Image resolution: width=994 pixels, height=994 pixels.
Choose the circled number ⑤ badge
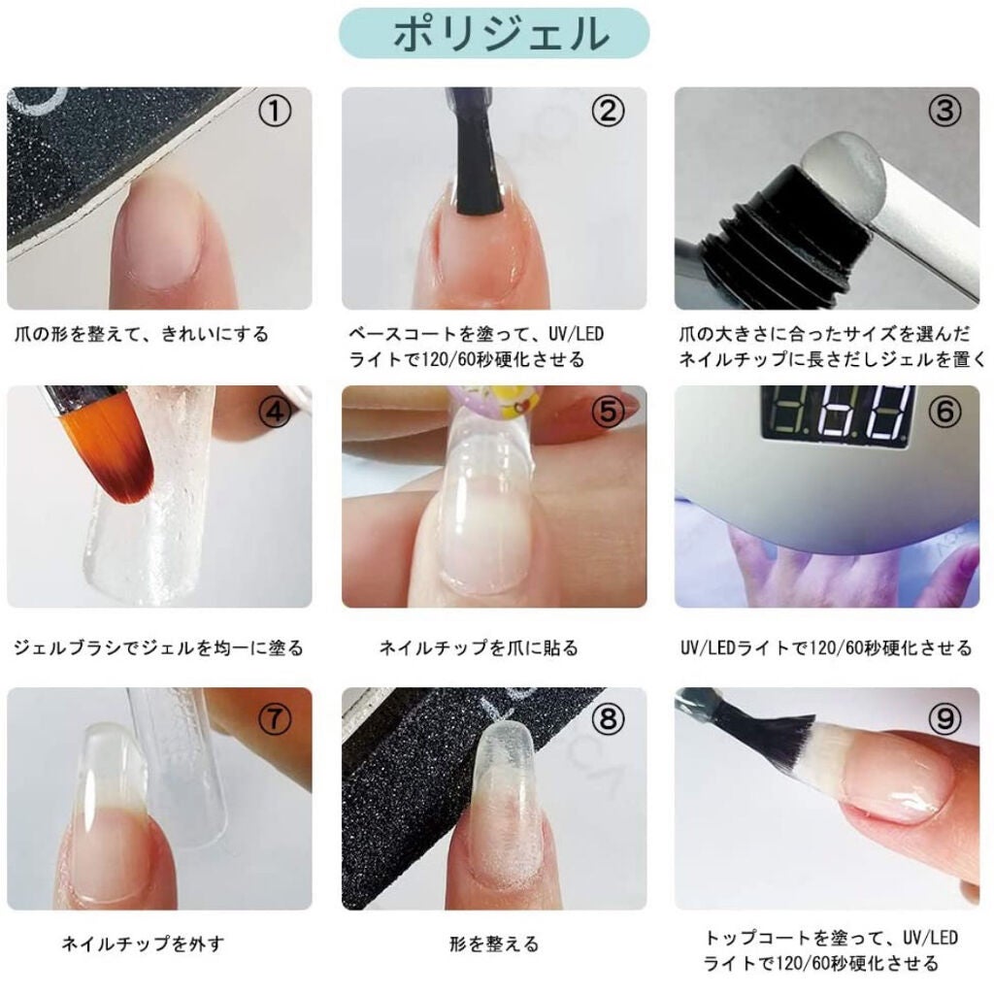pos(609,413)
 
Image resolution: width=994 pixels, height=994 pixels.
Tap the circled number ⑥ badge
pos(943,413)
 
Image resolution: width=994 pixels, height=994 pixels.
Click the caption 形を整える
pos(494,944)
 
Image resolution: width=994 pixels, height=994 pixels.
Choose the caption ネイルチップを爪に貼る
pos(479,647)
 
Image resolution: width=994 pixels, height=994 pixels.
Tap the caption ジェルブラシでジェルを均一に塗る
pos(159,647)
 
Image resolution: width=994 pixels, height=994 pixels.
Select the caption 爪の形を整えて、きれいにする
pos(142,335)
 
